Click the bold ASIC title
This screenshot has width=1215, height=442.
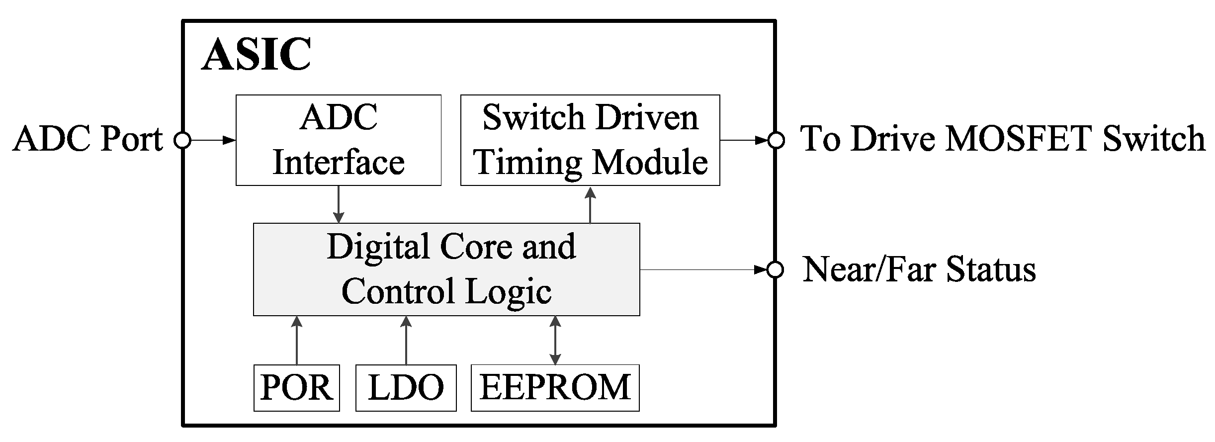pos(256,55)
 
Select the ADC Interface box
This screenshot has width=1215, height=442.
pos(338,140)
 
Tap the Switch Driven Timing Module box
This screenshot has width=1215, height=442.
pos(590,140)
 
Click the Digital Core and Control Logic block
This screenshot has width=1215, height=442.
pos(446,269)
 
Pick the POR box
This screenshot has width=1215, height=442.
pos(296,388)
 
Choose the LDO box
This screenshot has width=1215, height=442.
pos(406,388)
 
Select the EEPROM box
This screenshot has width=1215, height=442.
pos(555,388)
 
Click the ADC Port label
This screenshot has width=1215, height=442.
pos(88,139)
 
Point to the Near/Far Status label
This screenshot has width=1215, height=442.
pos(919,270)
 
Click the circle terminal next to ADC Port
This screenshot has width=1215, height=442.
pos(182,141)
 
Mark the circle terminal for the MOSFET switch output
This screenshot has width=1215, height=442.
pos(776,140)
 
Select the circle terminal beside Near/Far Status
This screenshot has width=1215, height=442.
pos(775,270)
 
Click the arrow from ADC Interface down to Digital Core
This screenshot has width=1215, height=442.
pos(339,204)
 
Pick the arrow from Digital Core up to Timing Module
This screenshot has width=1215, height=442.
pos(590,204)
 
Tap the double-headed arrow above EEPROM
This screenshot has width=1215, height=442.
pos(555,340)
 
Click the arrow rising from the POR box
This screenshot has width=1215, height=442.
pos(297,340)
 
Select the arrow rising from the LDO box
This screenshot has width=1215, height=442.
pos(406,340)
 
